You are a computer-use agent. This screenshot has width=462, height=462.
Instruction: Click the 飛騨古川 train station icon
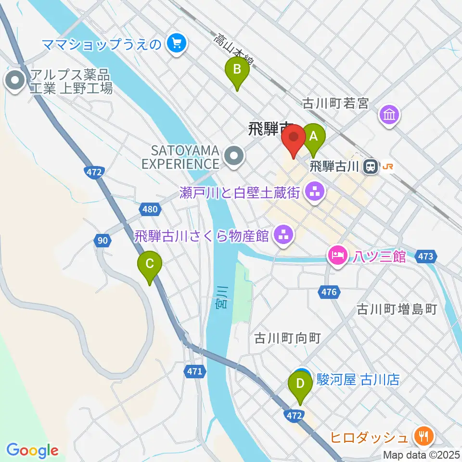tap(371, 167)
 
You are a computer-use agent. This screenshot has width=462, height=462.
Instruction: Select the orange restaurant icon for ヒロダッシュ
tap(423, 437)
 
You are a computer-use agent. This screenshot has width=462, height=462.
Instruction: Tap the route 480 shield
tap(150, 209)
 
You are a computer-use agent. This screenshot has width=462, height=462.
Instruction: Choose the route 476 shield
tap(329, 292)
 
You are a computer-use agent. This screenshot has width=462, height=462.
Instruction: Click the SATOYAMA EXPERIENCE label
tap(180, 157)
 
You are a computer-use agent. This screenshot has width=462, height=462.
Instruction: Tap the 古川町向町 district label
tap(287, 338)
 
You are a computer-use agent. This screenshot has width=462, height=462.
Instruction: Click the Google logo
tap(32, 450)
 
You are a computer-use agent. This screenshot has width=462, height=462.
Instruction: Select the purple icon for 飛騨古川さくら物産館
tap(282, 236)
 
